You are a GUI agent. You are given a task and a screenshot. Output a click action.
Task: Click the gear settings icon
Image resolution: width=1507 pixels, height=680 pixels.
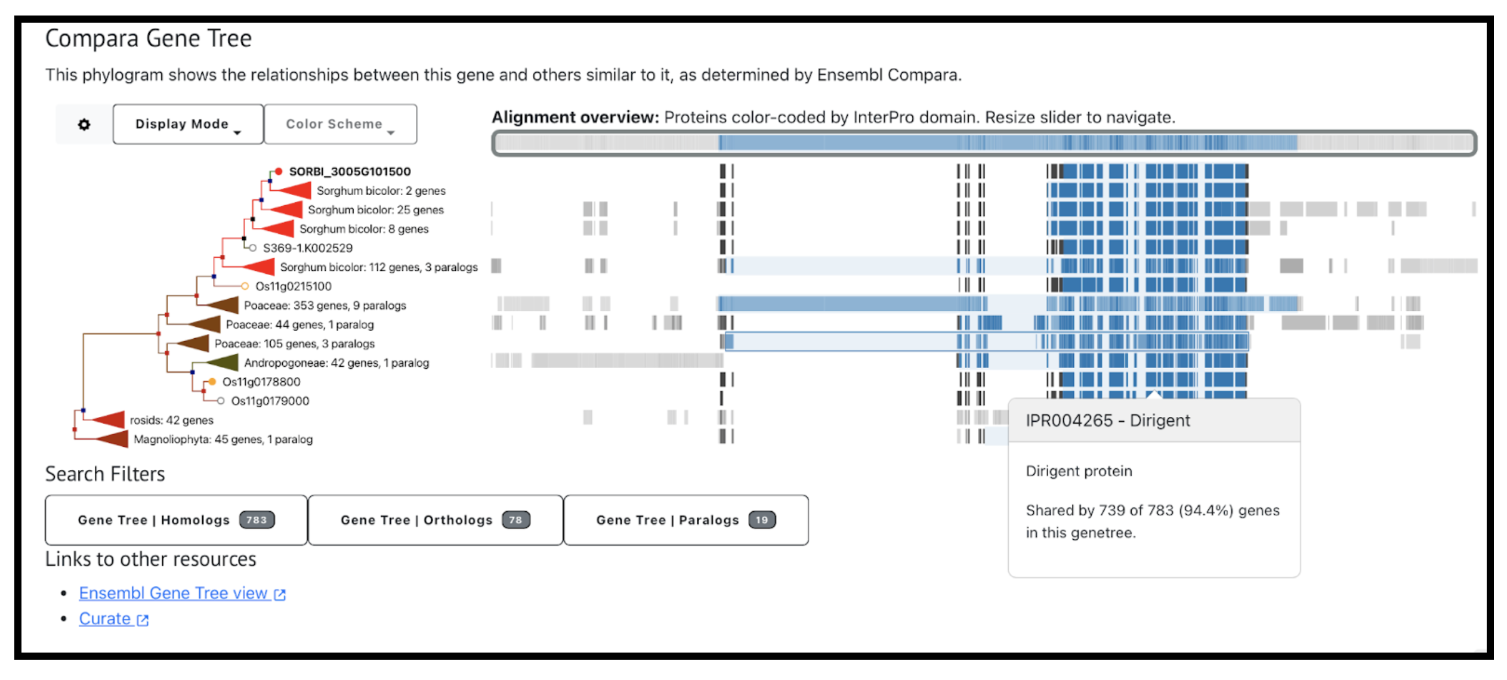(x=84, y=125)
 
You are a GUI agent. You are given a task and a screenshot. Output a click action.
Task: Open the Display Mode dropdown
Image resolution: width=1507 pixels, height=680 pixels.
(x=187, y=124)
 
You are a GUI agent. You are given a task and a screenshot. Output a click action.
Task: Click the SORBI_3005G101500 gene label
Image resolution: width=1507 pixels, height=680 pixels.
(x=350, y=172)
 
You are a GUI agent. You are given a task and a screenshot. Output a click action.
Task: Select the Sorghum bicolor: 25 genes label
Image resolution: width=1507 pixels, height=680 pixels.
(x=375, y=210)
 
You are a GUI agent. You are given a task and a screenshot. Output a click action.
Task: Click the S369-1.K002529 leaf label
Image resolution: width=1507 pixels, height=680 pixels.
(x=307, y=248)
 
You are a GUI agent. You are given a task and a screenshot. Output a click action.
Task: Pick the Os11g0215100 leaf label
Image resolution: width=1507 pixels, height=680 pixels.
(x=293, y=286)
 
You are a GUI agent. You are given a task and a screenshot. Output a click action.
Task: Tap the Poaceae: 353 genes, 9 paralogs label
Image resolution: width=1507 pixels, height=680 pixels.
(x=325, y=305)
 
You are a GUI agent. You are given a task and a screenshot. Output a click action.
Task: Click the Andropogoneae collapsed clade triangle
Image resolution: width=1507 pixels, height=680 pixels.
(x=223, y=362)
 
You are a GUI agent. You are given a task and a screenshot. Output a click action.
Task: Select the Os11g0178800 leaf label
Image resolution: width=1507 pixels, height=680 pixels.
(x=261, y=382)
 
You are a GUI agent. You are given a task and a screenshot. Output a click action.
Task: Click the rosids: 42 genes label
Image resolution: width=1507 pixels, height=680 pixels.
(x=171, y=420)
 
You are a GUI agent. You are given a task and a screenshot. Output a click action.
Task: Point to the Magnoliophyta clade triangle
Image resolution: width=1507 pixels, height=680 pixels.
(x=113, y=439)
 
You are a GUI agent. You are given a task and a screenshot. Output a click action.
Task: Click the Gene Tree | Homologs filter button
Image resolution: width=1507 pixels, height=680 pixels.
(x=176, y=520)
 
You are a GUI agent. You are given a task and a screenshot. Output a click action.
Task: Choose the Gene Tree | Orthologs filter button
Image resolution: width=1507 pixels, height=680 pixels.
(x=435, y=520)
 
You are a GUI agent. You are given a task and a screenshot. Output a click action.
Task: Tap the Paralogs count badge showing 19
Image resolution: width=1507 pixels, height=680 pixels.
(x=762, y=520)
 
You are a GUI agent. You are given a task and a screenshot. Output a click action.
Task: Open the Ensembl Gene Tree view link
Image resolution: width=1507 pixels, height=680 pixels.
(x=173, y=594)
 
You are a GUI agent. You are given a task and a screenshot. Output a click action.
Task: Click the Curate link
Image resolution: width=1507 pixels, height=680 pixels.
(x=105, y=619)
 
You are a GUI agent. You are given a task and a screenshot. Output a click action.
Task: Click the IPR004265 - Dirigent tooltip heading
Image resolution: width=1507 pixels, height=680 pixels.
(x=1107, y=421)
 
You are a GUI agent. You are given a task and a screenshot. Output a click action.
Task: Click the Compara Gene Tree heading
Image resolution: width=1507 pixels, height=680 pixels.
(x=149, y=39)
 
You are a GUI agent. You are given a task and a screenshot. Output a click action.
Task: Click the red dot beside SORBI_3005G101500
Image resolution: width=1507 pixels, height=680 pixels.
(x=279, y=172)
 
